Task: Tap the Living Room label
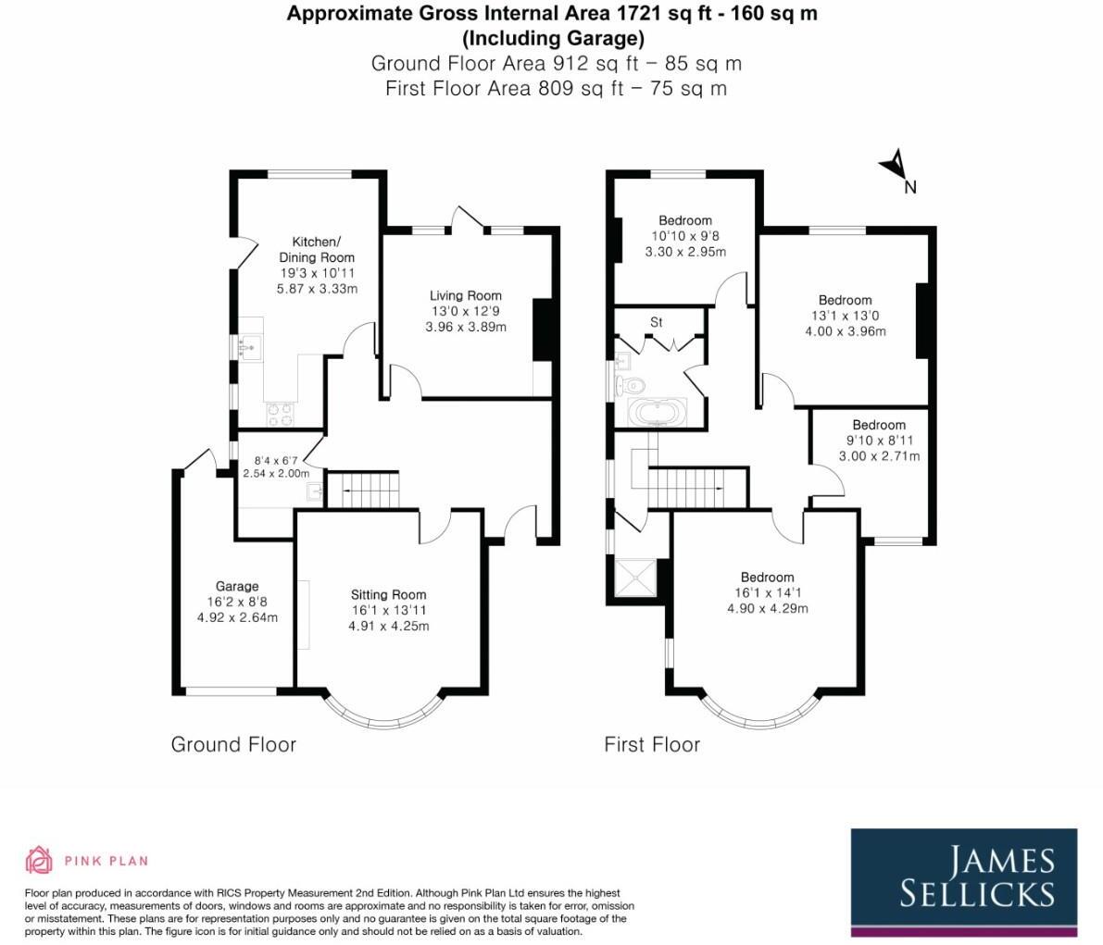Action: click(x=466, y=296)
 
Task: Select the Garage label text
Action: click(x=237, y=586)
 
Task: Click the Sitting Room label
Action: click(x=388, y=595)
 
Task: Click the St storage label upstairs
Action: click(x=657, y=322)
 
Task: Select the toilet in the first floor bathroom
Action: click(x=633, y=382)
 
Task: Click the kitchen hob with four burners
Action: click(x=280, y=414)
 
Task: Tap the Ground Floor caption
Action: click(x=233, y=744)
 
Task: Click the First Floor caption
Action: click(x=652, y=744)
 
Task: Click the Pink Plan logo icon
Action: click(x=40, y=860)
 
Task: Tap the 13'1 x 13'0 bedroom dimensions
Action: click(x=845, y=316)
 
